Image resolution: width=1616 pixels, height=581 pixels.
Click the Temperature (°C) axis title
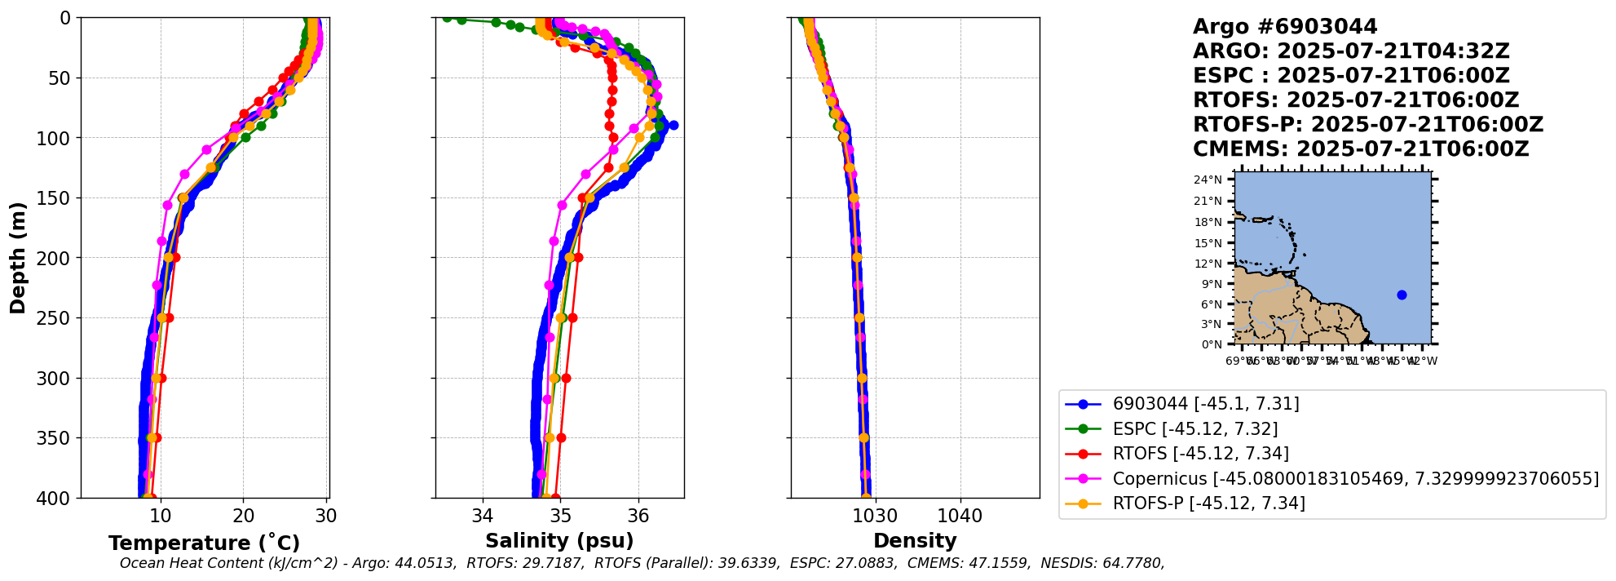[204, 543]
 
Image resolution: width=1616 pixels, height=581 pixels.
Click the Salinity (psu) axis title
[559, 541]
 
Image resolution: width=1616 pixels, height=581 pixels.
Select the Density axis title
[915, 541]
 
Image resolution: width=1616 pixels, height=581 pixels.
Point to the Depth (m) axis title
[18, 258]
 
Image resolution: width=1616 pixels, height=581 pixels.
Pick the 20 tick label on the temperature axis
[244, 517]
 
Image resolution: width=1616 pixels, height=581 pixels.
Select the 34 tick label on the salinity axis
[483, 517]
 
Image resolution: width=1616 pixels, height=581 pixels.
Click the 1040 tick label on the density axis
[960, 517]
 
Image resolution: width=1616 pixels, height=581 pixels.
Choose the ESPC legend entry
[1194, 429]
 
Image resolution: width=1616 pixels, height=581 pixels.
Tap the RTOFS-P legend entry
[1208, 503]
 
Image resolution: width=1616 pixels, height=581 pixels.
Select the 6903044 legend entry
[1205, 404]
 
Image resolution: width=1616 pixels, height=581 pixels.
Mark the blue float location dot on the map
[1402, 295]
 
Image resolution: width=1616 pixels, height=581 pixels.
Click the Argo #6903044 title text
[1285, 27]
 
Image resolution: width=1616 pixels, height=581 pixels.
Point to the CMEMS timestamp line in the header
[1361, 149]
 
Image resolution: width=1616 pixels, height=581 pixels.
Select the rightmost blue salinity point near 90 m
[673, 125]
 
